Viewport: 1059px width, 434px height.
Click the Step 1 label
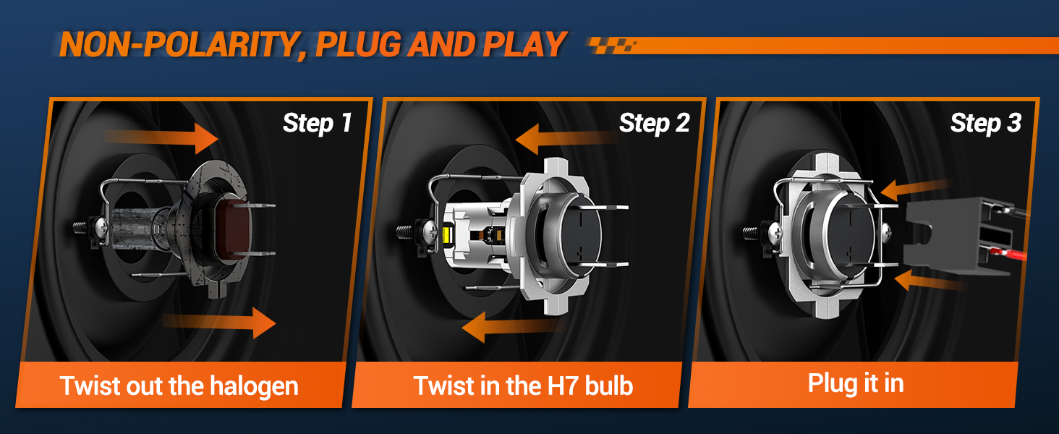[x=317, y=123]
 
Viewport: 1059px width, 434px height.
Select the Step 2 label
[x=654, y=123]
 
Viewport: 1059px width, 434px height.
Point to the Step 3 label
[x=985, y=123]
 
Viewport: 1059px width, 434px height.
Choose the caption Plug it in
[x=856, y=383]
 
